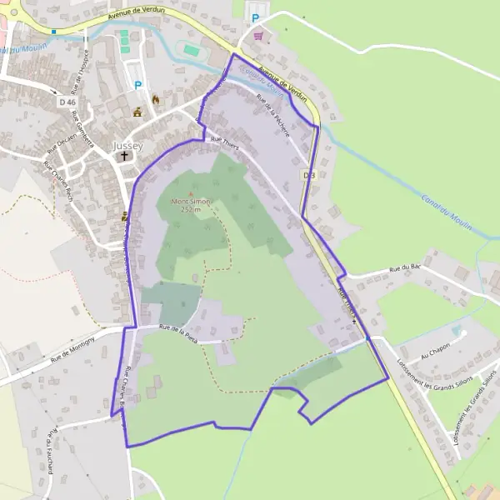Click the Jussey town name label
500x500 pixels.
[x=127, y=146]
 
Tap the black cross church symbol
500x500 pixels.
[x=125, y=156]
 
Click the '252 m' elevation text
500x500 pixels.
[x=191, y=209]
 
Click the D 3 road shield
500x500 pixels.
[x=309, y=175]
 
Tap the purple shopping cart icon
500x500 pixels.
[x=258, y=36]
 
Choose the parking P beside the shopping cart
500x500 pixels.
[x=256, y=18]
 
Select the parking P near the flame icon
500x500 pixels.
[x=138, y=84]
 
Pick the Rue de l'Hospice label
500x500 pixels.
[x=80, y=77]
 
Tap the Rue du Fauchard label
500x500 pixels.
[x=51, y=454]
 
